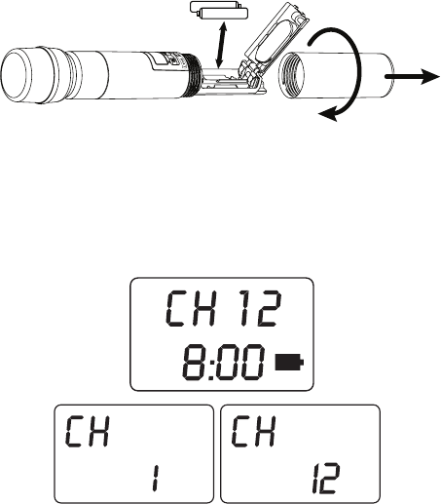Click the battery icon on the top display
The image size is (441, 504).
pyautogui.click(x=289, y=363)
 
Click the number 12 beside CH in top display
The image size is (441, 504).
pyautogui.click(x=260, y=309)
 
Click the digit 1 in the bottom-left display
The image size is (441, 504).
pyautogui.click(x=156, y=478)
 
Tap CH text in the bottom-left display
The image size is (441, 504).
pyautogui.click(x=87, y=431)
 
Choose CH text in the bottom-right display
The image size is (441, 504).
pyautogui.click(x=254, y=431)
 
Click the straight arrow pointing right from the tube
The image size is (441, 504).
pyautogui.click(x=412, y=76)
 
